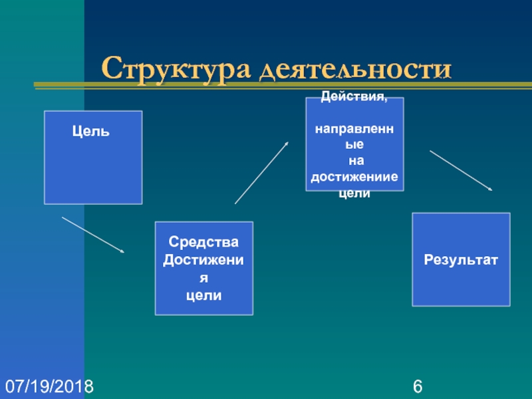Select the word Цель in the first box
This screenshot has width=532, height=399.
click(x=91, y=132)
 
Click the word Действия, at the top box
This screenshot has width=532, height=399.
click(x=354, y=97)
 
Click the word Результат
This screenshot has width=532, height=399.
click(x=461, y=260)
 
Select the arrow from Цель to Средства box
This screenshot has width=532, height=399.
click(x=93, y=235)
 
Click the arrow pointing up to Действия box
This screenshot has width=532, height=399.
click(x=261, y=172)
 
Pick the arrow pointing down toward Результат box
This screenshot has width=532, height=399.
click(x=461, y=171)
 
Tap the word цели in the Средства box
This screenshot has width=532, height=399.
click(x=203, y=293)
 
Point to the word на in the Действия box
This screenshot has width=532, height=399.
click(x=354, y=160)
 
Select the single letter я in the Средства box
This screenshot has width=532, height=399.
click(x=203, y=276)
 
